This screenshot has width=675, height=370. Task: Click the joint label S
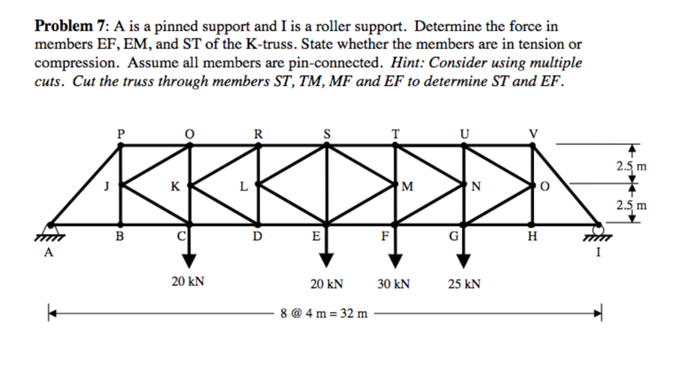[326, 133]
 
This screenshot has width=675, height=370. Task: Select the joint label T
[395, 133]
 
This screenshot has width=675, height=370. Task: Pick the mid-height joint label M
[407, 187]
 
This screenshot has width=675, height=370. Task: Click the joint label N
[477, 187]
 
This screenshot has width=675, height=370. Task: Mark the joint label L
[243, 187]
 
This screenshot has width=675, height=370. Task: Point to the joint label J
[105, 187]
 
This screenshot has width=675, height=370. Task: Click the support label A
[48, 253]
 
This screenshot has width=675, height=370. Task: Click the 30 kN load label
[394, 284]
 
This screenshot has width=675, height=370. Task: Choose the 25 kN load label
[464, 284]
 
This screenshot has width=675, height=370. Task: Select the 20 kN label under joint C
[188, 282]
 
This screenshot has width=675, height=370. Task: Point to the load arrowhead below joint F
[395, 262]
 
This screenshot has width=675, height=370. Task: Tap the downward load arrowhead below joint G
[464, 262]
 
